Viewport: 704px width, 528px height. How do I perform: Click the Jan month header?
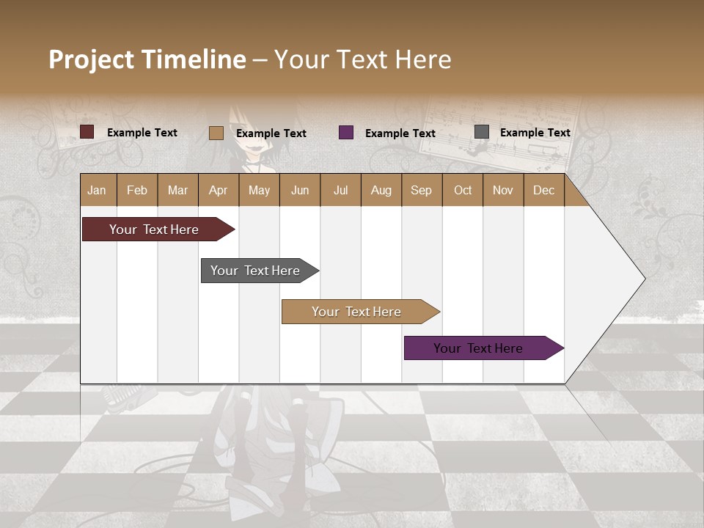(98, 191)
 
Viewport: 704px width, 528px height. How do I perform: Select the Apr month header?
(219, 191)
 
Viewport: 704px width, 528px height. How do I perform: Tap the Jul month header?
(340, 191)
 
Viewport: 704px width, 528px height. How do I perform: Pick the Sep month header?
(421, 191)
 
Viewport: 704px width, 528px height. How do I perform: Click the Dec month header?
(543, 191)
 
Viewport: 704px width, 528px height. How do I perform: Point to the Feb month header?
(137, 191)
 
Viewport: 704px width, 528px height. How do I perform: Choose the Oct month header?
(463, 191)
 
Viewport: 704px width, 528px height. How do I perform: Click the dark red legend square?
(87, 132)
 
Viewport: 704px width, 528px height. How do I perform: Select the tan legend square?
(216, 133)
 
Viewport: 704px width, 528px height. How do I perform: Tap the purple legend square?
(346, 133)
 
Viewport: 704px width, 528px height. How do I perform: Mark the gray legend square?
(482, 132)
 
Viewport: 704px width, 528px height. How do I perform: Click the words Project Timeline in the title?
(147, 59)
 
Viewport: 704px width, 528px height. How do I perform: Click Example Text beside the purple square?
(400, 133)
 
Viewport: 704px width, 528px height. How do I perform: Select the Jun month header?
(300, 191)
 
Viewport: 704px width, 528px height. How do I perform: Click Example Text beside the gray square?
(535, 133)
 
